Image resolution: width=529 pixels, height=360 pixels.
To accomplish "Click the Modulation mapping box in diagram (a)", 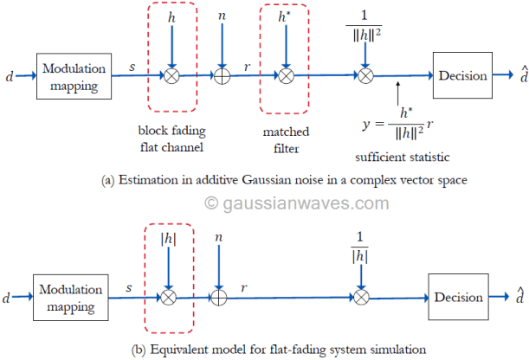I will point(74,76).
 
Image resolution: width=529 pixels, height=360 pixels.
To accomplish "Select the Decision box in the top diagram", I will point(461,76).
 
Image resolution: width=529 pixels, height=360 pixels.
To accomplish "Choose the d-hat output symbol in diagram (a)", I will point(513,75).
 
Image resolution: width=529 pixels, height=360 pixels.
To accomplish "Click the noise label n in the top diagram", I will point(222,16).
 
